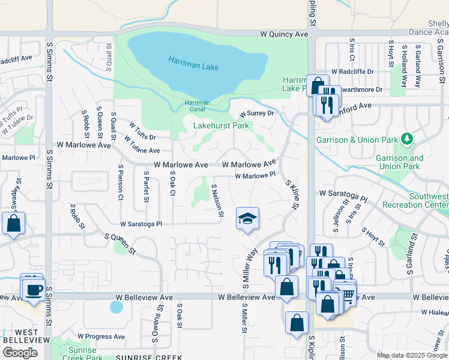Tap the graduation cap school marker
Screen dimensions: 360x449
pyautogui.click(x=247, y=218)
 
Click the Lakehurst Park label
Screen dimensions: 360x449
pyautogui.click(x=221, y=126)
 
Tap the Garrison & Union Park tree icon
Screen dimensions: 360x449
pyautogui.click(x=408, y=140)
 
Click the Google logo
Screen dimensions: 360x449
pyautogui.click(x=20, y=352)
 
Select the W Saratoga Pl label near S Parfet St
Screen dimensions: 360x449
pyautogui.click(x=141, y=224)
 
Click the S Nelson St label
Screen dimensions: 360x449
pyautogui.click(x=217, y=200)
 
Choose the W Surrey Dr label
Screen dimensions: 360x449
pyautogui.click(x=256, y=113)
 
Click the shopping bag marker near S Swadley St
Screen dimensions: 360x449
pyautogui.click(x=13, y=223)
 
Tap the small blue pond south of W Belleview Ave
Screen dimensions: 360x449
pyautogui.click(x=116, y=307)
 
